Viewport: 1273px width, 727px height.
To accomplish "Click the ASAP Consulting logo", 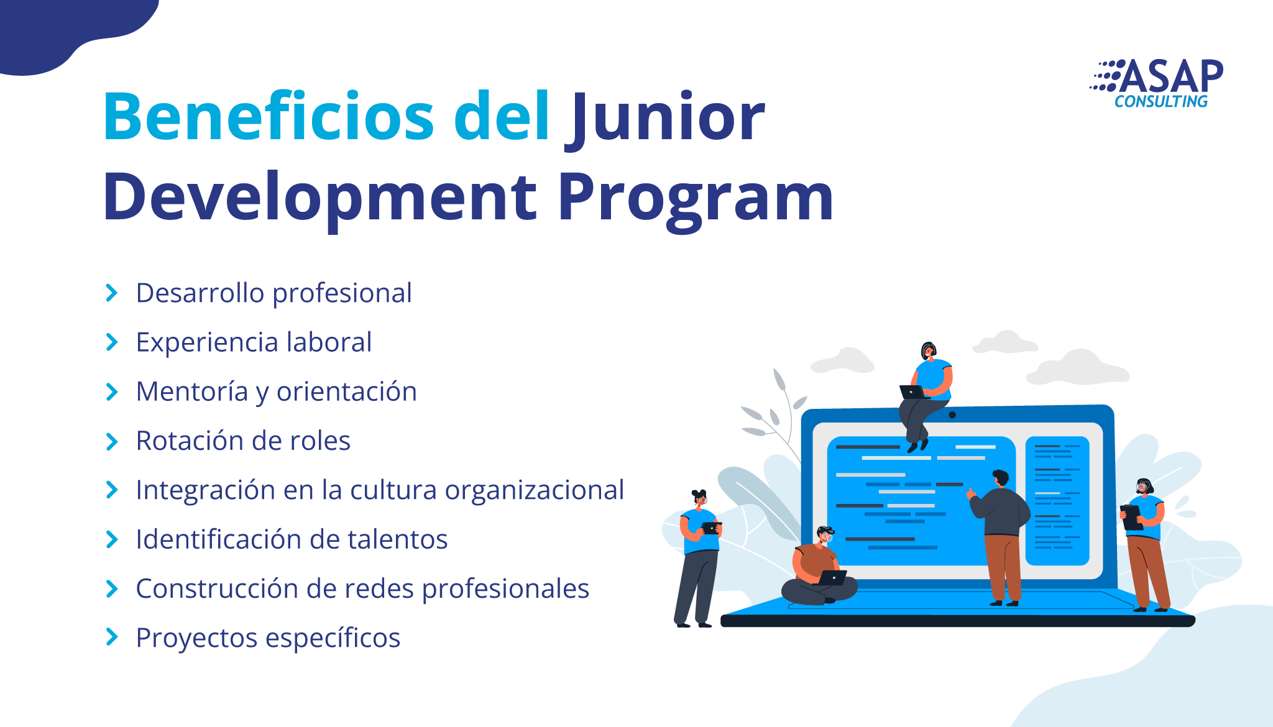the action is (x=1157, y=84).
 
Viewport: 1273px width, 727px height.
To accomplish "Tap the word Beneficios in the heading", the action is (x=268, y=116).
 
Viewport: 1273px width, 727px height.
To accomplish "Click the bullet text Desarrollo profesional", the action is (x=273, y=293).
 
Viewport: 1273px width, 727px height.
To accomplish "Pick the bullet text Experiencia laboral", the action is (x=254, y=342).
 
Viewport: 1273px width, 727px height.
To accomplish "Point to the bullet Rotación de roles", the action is (x=243, y=441).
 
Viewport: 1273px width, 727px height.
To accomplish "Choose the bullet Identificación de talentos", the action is (x=292, y=539).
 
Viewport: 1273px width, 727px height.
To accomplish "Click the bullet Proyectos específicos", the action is (x=268, y=638).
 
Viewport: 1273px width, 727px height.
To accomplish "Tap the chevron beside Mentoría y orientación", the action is (x=112, y=392).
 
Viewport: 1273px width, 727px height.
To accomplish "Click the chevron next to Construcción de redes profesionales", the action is (x=112, y=588).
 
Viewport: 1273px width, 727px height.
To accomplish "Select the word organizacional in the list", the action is (x=535, y=491).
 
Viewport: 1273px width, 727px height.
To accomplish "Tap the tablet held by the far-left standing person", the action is (x=710, y=528).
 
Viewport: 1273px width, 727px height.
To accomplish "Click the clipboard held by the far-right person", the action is (x=1132, y=517).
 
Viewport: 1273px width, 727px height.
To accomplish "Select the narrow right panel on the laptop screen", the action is (x=1057, y=501).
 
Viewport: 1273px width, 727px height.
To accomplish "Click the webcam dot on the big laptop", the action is (x=952, y=415).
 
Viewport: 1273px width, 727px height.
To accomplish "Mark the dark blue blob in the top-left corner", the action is (x=68, y=31).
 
